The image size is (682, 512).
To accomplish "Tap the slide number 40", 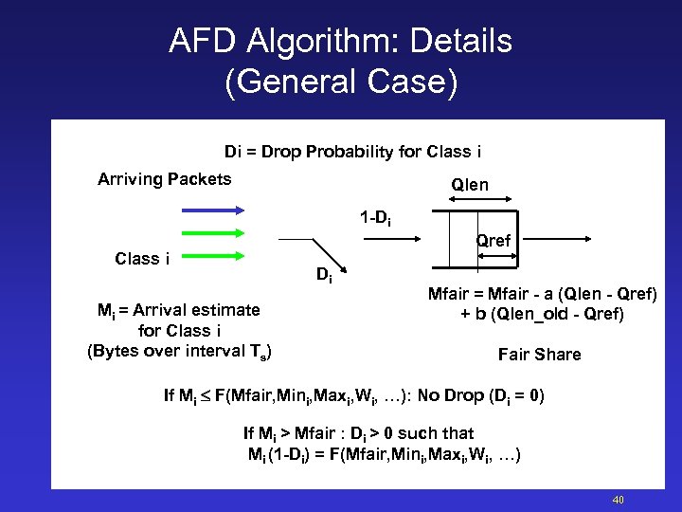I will (x=618, y=500).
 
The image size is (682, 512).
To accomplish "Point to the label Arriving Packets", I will (x=164, y=179).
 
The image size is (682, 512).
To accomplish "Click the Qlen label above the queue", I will (x=470, y=185).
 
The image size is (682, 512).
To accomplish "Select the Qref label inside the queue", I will (x=494, y=241).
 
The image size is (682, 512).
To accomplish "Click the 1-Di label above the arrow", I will (x=375, y=220).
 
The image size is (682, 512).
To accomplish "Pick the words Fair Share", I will (x=539, y=355).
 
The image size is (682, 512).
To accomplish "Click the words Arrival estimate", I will (x=197, y=309).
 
